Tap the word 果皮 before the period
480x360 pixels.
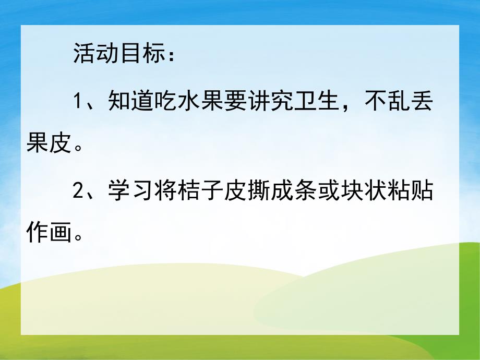[48, 146]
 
